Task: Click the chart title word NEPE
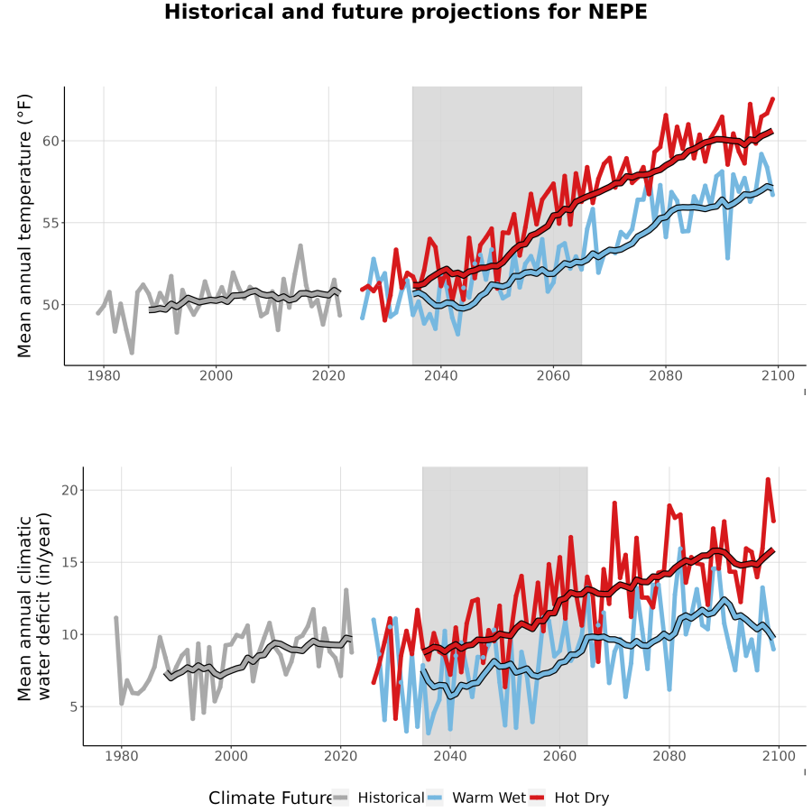618,12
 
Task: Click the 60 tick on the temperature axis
51,141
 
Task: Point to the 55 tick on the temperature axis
51,223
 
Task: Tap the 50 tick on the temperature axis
51,305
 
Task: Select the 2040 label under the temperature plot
440,375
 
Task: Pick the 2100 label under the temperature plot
778,375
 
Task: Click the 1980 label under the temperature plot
104,375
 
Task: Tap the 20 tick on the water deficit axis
69,490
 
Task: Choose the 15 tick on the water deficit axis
69,562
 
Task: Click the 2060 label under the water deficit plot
559,756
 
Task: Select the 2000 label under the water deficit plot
231,756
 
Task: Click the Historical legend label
391,798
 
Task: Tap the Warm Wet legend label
489,798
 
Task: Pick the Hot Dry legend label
582,798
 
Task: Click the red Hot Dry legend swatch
538,798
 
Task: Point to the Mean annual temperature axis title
24,226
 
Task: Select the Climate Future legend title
271,798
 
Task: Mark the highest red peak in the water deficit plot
768,479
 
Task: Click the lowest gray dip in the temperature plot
132,353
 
